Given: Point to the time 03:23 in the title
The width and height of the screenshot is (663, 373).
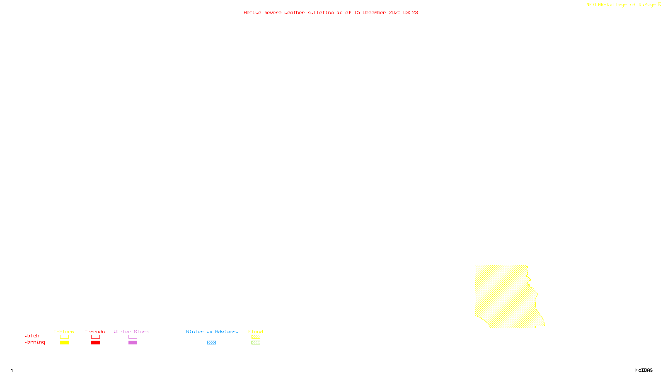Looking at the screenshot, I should pyautogui.click(x=411, y=12).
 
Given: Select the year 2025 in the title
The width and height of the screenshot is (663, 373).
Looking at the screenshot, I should pyautogui.click(x=394, y=12).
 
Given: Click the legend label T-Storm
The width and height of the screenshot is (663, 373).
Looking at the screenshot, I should pyautogui.click(x=64, y=332).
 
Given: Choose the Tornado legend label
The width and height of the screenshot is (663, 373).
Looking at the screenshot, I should pyautogui.click(x=95, y=332).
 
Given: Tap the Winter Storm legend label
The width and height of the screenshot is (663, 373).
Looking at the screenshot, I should pyautogui.click(x=131, y=332).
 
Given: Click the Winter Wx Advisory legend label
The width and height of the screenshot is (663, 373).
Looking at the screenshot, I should pyautogui.click(x=212, y=332).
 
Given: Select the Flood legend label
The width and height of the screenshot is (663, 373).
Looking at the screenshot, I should pyautogui.click(x=256, y=332).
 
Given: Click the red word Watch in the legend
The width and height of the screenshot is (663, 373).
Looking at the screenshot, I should pyautogui.click(x=32, y=336).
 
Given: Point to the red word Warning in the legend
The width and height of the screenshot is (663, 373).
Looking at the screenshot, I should pyautogui.click(x=34, y=342).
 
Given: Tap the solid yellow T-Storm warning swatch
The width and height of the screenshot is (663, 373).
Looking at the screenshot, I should pyautogui.click(x=64, y=343).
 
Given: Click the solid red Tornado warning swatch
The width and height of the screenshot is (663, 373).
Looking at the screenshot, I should pyautogui.click(x=95, y=343).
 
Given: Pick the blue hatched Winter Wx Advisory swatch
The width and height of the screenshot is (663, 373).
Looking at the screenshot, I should pyautogui.click(x=211, y=343).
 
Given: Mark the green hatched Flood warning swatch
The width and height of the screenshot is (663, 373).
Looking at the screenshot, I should pyautogui.click(x=256, y=343).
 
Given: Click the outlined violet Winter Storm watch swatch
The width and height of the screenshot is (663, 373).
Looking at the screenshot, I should pyautogui.click(x=133, y=337).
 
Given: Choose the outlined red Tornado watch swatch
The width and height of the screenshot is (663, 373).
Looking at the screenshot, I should pyautogui.click(x=95, y=337).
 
